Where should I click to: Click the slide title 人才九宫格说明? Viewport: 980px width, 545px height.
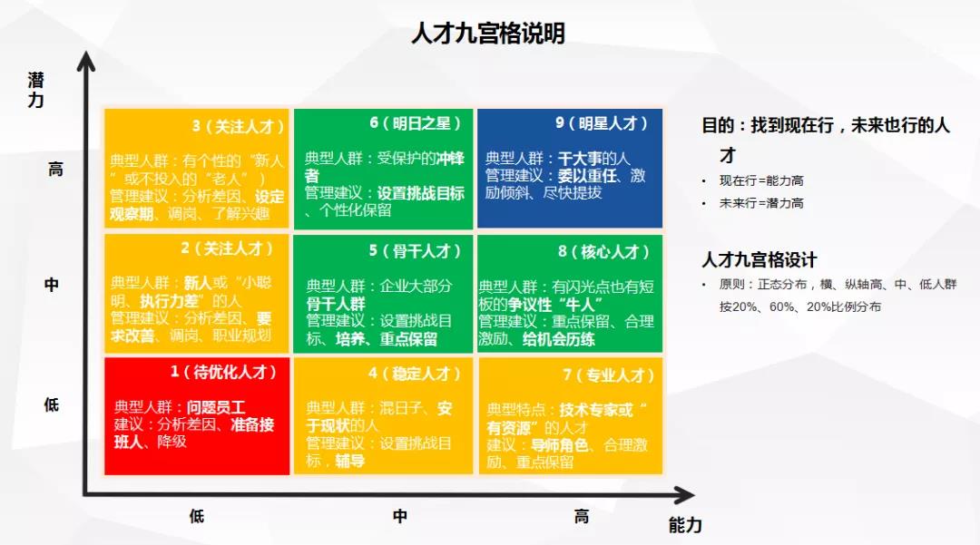pyautogui.click(x=488, y=34)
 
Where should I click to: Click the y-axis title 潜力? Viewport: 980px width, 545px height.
pyautogui.click(x=35, y=90)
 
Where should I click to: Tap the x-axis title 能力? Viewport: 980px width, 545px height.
pyautogui.click(x=685, y=525)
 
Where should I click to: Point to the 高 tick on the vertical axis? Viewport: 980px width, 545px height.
pyautogui.click(x=55, y=170)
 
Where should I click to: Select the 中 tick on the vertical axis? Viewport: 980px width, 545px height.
pyautogui.click(x=52, y=284)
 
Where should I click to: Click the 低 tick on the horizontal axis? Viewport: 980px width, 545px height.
pyautogui.click(x=197, y=517)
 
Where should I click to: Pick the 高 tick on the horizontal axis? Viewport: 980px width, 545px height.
pyautogui.click(x=582, y=517)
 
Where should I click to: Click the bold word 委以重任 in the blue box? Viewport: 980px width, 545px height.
pyautogui.click(x=589, y=175)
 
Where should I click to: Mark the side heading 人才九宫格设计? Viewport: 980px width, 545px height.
pyautogui.click(x=759, y=259)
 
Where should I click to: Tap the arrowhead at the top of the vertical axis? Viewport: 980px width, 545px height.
pyautogui.click(x=85, y=62)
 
